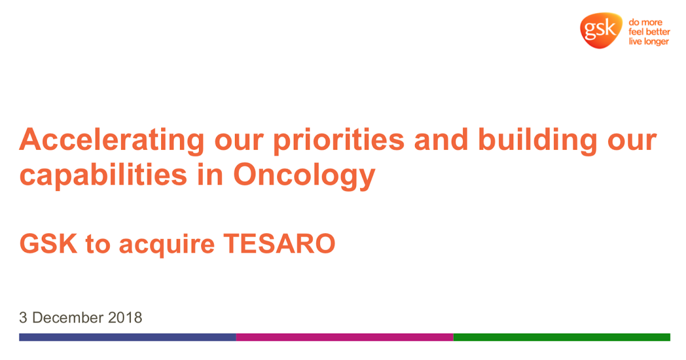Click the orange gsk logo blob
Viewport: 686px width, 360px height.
click(601, 30)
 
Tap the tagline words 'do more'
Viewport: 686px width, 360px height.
click(645, 22)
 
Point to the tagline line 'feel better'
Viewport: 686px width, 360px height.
click(649, 31)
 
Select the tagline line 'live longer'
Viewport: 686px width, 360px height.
click(649, 41)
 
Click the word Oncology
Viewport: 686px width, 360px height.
click(304, 176)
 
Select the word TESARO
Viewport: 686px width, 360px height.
click(280, 243)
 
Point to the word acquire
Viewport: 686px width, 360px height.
click(167, 246)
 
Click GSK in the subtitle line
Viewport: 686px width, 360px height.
click(48, 243)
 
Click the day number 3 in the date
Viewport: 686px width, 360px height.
click(23, 318)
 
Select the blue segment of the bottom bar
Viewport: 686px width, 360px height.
click(127, 337)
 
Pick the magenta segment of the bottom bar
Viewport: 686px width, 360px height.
click(345, 337)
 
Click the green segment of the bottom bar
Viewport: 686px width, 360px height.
click(562, 337)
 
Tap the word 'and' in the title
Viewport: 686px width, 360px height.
click(441, 139)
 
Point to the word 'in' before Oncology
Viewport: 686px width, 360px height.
click(210, 174)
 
